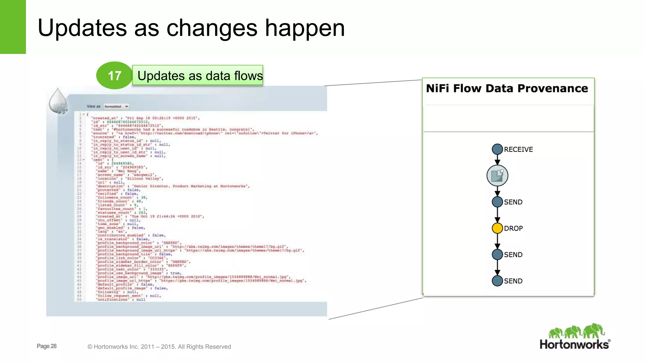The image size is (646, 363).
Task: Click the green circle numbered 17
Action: coord(114,76)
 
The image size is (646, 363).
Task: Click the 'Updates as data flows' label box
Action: coord(198,76)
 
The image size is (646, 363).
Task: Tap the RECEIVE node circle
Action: coord(497,149)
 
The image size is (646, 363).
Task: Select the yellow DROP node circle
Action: coord(497,228)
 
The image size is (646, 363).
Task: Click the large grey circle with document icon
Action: coord(497,176)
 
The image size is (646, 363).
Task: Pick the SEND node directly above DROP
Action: coord(497,202)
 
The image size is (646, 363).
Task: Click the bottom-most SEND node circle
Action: coord(497,281)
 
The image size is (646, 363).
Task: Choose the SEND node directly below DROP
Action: coord(497,255)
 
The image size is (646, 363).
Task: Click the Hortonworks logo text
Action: coord(574,344)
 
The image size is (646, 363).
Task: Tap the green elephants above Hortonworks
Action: coord(576,331)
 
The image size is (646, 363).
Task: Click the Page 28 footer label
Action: coord(46,346)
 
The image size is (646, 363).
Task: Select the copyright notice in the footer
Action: coord(159,347)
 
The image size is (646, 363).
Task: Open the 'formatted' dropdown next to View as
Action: coord(116,107)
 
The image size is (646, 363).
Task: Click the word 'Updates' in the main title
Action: coord(82,28)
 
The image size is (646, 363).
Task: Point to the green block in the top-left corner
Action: coord(13,27)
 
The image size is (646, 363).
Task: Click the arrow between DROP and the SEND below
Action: coord(497,241)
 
